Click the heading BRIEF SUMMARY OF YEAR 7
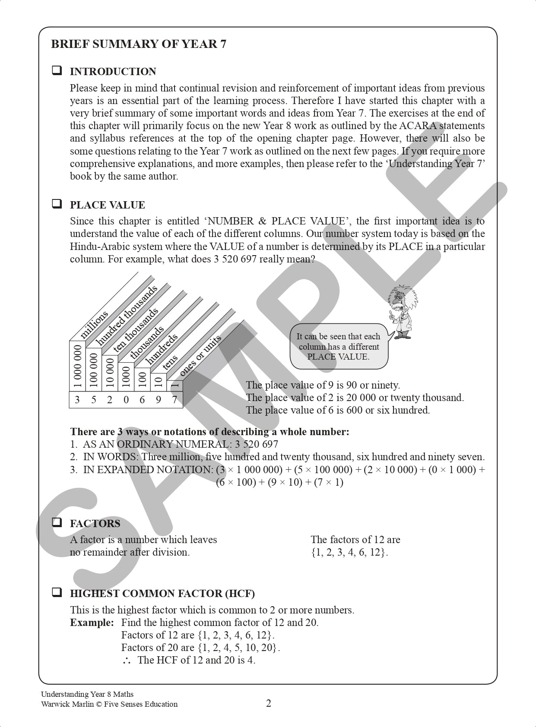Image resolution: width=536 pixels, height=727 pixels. pos(138,44)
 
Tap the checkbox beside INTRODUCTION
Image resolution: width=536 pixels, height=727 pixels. pos(57,70)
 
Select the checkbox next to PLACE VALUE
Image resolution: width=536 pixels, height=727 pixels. pos(57,204)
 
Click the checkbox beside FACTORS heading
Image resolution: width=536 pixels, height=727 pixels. pos(57,522)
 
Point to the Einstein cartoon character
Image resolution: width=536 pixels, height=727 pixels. pos(402,312)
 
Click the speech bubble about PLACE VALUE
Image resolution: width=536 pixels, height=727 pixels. pos(338,347)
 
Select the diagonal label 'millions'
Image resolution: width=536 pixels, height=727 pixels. pos(94,325)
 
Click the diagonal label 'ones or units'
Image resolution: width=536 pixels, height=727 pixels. pos(200,355)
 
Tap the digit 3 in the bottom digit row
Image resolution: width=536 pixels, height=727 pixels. pos(77,400)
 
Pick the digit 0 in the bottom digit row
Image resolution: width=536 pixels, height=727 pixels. pos(126,400)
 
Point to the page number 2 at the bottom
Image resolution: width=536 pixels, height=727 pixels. pos(268,703)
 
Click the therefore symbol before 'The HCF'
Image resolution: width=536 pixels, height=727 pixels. pos(127,660)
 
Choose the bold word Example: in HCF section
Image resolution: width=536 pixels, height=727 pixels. pos(92,623)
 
